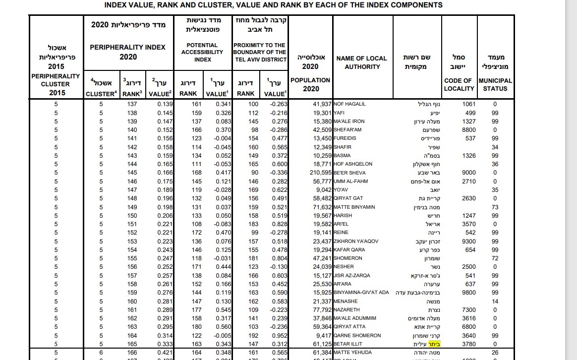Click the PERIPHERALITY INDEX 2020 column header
click(x=127, y=52)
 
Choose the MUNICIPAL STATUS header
click(x=495, y=84)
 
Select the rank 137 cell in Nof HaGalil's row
click(x=132, y=104)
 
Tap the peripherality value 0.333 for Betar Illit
click(x=165, y=344)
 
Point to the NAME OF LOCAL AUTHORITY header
click(x=361, y=62)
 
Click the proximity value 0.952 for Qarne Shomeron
click(x=280, y=335)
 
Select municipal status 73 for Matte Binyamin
click(x=495, y=207)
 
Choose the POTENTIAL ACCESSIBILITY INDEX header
click(x=202, y=52)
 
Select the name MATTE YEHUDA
click(x=352, y=353)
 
